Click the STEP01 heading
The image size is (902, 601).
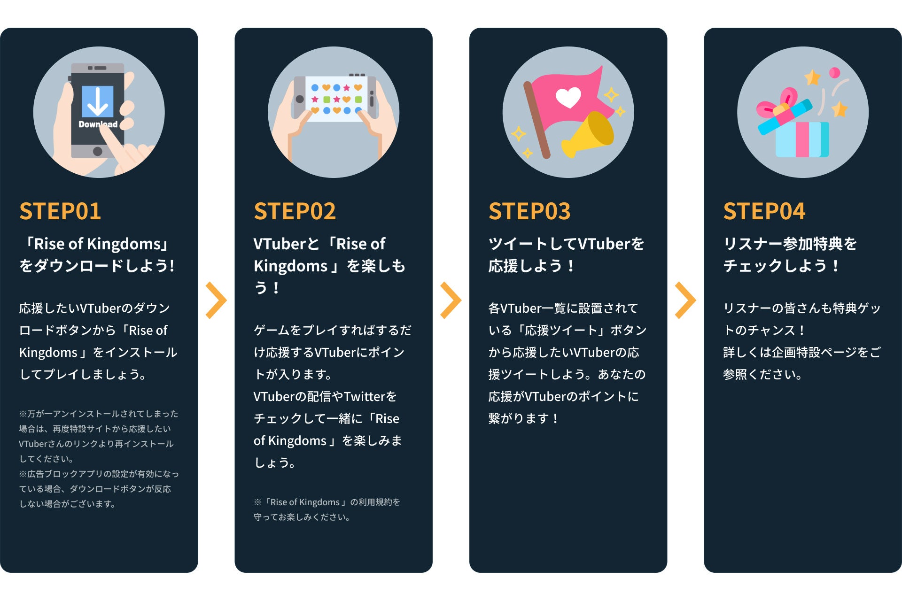pos(60,211)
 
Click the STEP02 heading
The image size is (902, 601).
pos(295,211)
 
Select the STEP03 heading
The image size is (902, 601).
pos(529,211)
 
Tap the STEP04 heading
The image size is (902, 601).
pos(764,211)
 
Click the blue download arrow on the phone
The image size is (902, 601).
pos(98,101)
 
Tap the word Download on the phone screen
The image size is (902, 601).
pos(98,124)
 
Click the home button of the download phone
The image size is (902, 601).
pos(98,151)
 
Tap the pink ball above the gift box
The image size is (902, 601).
pos(834,73)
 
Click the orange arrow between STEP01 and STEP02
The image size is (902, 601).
pos(216,300)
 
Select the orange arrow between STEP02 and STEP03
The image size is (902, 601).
pos(451,300)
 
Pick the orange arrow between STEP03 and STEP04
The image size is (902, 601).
pos(685,300)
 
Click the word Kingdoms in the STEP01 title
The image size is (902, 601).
pos(124,244)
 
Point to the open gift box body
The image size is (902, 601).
pos(801,139)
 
